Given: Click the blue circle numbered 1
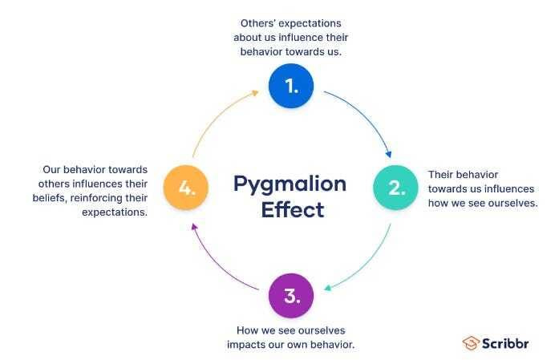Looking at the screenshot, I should click(x=290, y=86).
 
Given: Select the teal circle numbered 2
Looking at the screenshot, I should click(x=396, y=188).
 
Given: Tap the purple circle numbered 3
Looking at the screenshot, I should click(x=290, y=296).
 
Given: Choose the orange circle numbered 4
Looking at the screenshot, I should click(x=186, y=188).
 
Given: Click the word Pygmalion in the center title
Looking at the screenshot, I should click(x=290, y=184).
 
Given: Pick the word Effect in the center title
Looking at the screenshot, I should click(x=290, y=210).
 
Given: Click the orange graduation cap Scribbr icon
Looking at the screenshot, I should click(x=471, y=342).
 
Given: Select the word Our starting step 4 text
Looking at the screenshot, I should click(x=53, y=169).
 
